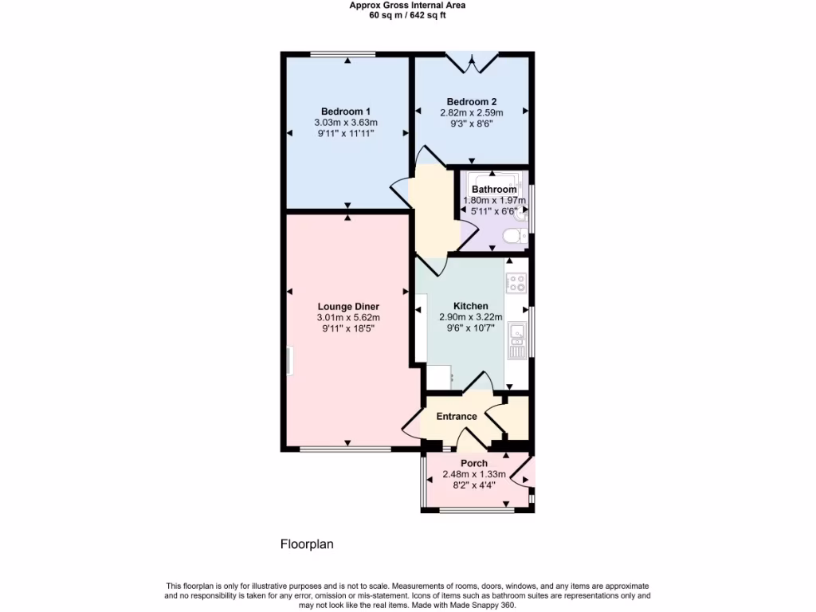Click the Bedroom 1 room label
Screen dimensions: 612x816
[x=346, y=111]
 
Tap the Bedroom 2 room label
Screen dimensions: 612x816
[x=472, y=101]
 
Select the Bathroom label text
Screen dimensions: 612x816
[x=494, y=190]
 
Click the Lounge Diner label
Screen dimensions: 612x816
[x=348, y=306]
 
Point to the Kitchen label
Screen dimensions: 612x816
[x=471, y=306]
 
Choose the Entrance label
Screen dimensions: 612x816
[x=457, y=416]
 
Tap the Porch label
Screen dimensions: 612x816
[x=474, y=463]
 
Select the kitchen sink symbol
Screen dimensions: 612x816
[x=517, y=334]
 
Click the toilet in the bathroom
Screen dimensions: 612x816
[x=516, y=235]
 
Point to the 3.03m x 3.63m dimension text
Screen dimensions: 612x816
[x=346, y=123]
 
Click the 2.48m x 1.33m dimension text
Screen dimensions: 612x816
[x=474, y=474]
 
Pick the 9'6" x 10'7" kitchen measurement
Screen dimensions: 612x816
[x=471, y=328]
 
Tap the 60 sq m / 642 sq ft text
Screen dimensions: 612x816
[x=408, y=15]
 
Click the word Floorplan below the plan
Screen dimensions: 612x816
[x=307, y=545]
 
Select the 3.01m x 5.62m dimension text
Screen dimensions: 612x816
[x=348, y=317]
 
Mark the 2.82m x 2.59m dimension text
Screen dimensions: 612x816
[x=472, y=113]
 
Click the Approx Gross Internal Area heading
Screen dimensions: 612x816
[x=408, y=5]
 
